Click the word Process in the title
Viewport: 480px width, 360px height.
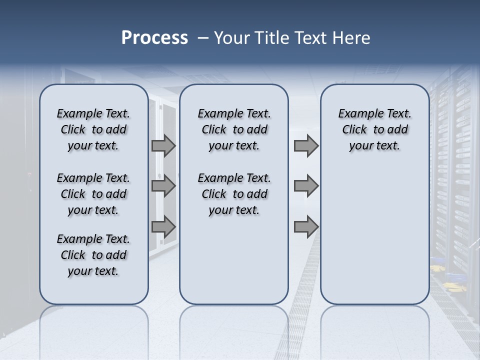point(154,38)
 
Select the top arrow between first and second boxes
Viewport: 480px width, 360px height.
point(163,146)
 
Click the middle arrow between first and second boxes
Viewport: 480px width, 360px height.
point(163,186)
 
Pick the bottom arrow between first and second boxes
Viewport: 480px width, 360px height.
point(163,227)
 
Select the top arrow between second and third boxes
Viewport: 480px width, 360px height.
point(306,146)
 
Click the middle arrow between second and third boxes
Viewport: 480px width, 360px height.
point(306,186)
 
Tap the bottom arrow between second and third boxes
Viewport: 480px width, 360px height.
point(306,227)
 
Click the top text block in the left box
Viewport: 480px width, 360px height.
point(93,129)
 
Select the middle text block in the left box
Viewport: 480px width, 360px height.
point(93,194)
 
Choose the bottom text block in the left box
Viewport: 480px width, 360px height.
point(93,255)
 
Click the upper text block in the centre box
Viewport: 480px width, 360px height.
point(234,129)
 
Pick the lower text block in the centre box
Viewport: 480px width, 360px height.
point(234,194)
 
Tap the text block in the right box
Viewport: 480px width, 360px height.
point(374,129)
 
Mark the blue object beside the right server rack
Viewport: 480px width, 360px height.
point(438,260)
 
